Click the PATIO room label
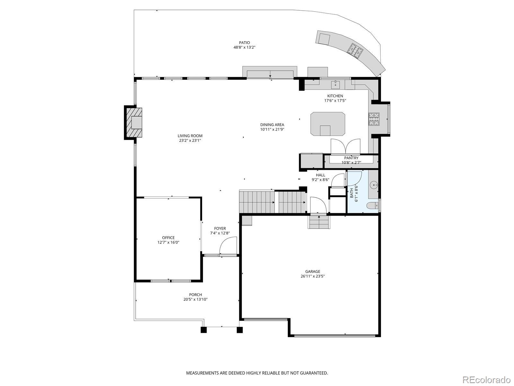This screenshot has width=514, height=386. pos(244,43)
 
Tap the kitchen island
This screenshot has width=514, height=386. pos(328,124)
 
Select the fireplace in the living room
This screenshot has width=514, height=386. pos(133,123)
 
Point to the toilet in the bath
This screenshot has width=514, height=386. pos(372,206)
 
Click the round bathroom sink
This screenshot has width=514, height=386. pos(374,185)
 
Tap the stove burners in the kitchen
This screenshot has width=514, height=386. pos(374,119)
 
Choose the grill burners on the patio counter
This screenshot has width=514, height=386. pos(355,51)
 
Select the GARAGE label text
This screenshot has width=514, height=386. pos(312,271)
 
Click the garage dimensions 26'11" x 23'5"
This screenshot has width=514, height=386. pos(313,276)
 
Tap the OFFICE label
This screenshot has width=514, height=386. pos(168,238)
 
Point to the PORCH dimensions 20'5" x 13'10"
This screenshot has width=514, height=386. pos(196,299)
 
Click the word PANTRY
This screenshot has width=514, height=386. pos(351,158)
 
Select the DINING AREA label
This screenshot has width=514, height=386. pos(272,125)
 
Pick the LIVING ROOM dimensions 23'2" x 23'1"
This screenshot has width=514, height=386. pos(190,140)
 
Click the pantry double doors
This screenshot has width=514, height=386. pos(345,146)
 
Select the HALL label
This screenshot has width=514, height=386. pos(320,175)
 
